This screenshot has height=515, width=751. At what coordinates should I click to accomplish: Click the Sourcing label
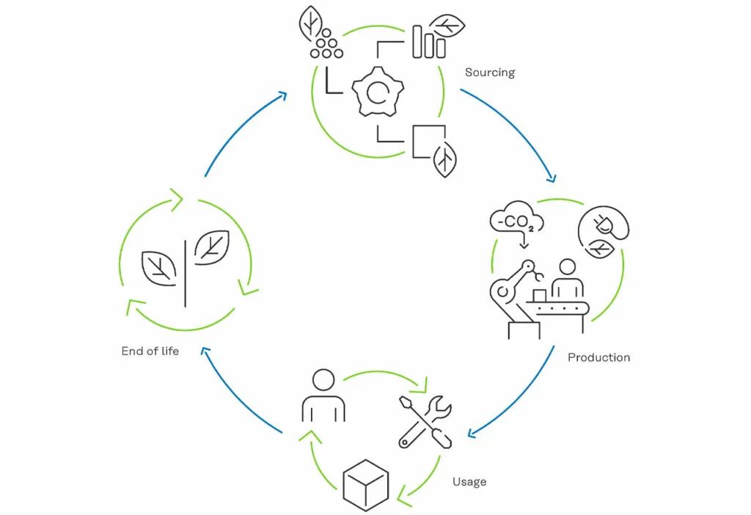coord(489,73)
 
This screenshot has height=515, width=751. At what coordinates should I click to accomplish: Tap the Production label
coord(598,357)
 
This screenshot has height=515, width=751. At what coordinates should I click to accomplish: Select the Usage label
coord(469,482)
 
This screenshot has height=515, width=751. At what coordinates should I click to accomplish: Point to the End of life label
coord(150,351)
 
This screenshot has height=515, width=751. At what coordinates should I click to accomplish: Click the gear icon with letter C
coord(378,92)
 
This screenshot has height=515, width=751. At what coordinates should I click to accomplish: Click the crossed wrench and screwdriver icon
coord(425,421)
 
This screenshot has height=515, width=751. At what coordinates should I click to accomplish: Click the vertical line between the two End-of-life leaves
coord(186,272)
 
